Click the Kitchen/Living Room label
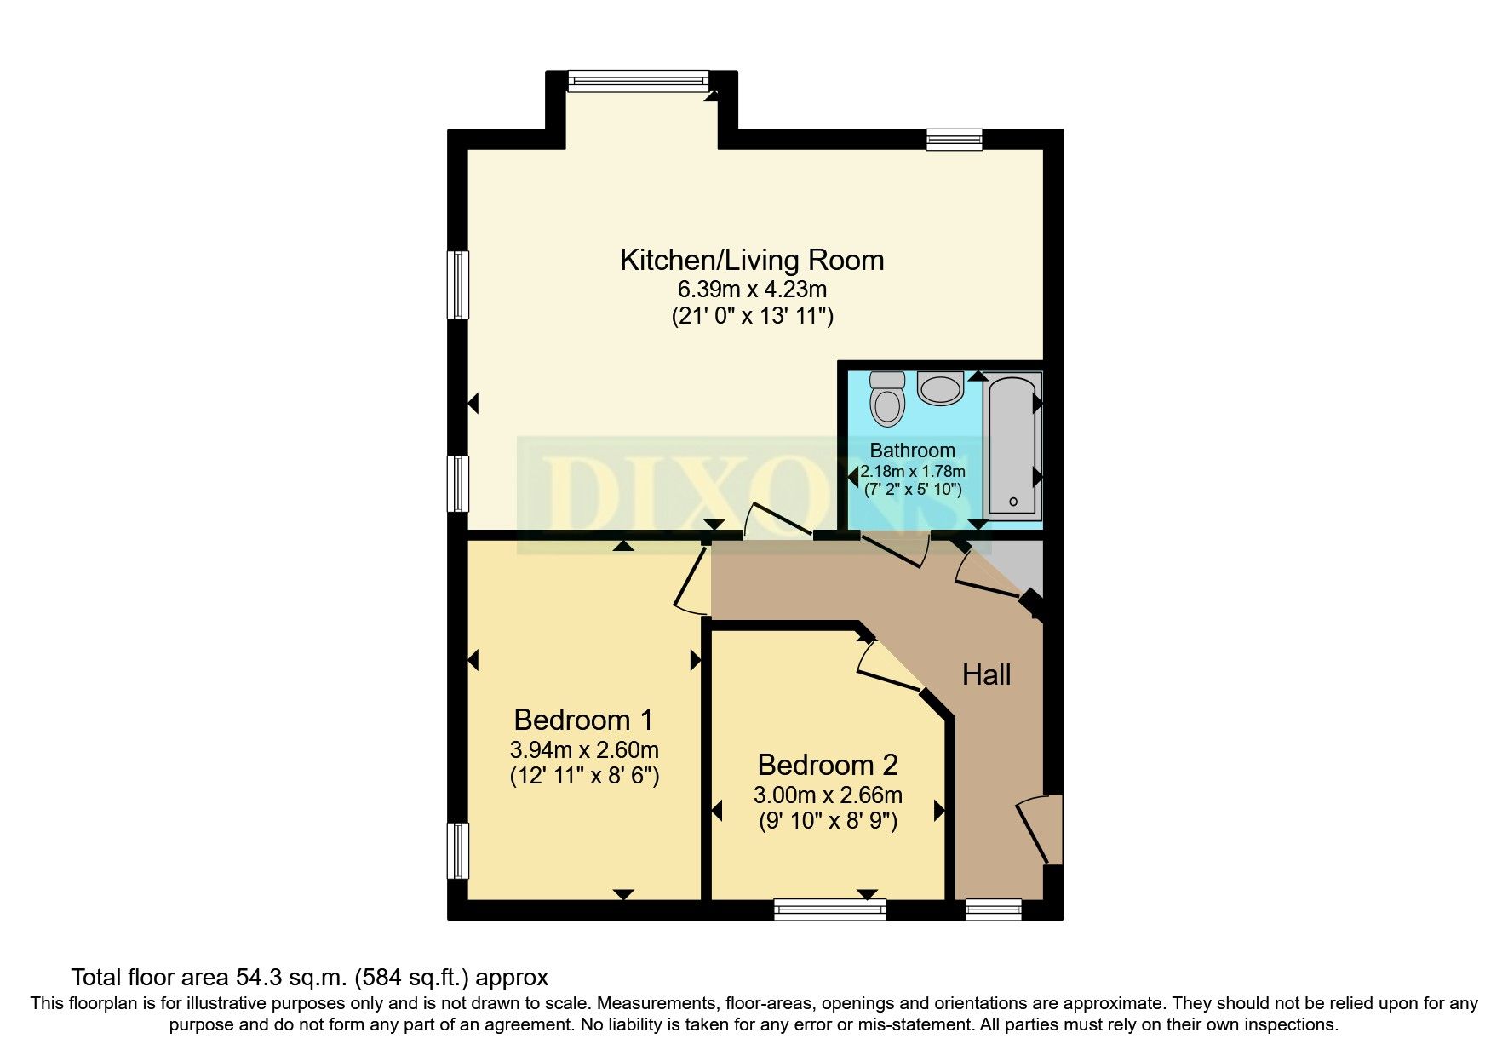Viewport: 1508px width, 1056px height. tap(752, 260)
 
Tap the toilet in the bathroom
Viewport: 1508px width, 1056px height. tap(888, 400)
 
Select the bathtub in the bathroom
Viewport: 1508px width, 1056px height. tap(1012, 447)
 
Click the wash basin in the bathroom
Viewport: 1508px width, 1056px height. tap(940, 389)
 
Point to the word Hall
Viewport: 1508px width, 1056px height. tap(986, 675)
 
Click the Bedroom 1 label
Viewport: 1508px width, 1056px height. tap(583, 720)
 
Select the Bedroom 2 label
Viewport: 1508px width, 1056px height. tap(828, 765)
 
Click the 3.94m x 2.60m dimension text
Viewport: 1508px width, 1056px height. tap(584, 750)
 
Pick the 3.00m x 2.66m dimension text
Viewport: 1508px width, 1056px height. tap(828, 795)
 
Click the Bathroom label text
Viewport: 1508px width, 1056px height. tap(912, 450)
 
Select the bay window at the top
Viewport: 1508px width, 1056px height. tap(638, 81)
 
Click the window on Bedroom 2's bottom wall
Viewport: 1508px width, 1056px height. tap(829, 910)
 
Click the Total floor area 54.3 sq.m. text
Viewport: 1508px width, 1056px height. tap(310, 976)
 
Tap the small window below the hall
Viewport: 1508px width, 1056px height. tap(994, 910)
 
